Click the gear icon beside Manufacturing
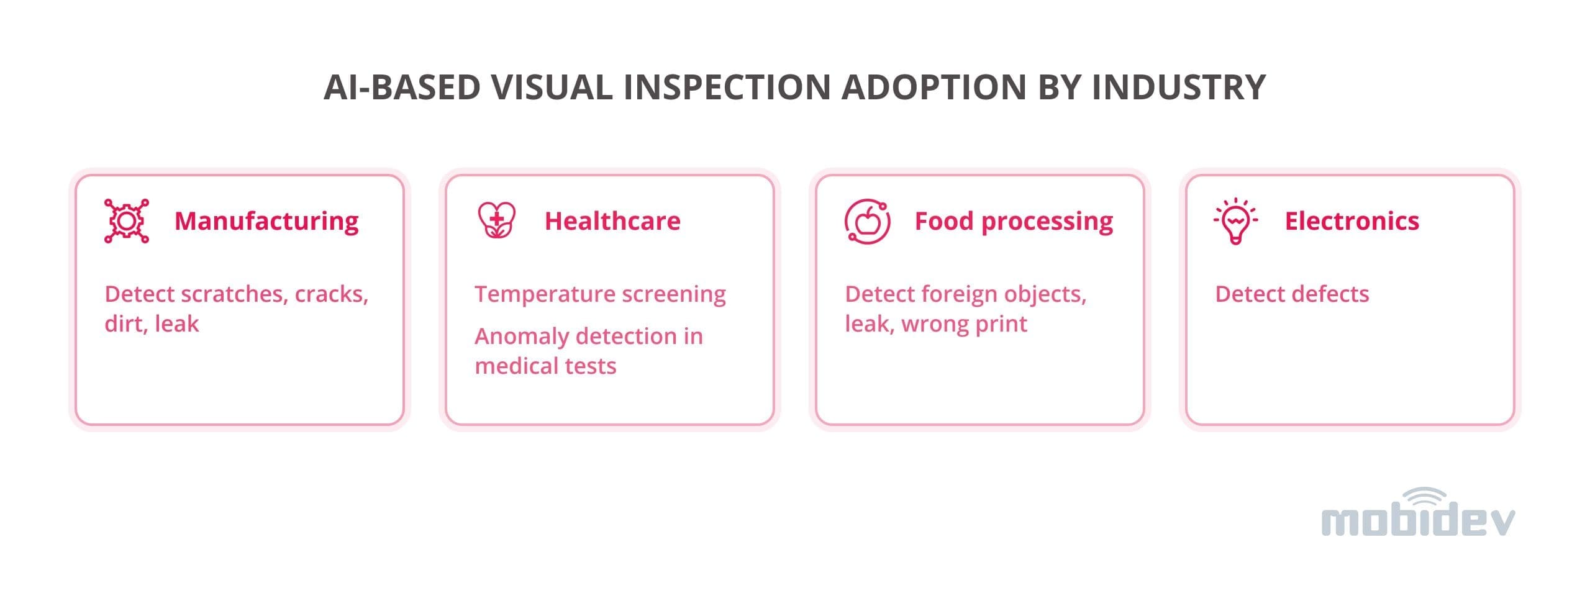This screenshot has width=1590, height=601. (x=127, y=221)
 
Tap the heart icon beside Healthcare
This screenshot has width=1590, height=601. (x=496, y=220)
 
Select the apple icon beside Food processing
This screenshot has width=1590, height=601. (x=868, y=222)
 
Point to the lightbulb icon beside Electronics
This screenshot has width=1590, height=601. (x=1236, y=221)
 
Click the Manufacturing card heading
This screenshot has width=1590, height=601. (x=266, y=221)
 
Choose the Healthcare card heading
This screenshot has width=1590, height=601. (x=612, y=221)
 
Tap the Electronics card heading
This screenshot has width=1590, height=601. (x=1352, y=221)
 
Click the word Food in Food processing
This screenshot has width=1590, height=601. (x=944, y=221)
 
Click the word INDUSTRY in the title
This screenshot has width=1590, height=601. (x=1179, y=87)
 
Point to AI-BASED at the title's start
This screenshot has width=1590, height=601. (x=402, y=87)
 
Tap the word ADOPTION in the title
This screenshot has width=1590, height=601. (x=934, y=87)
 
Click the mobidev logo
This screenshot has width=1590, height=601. (x=1418, y=513)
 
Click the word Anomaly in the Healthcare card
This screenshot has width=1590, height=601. (x=521, y=337)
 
